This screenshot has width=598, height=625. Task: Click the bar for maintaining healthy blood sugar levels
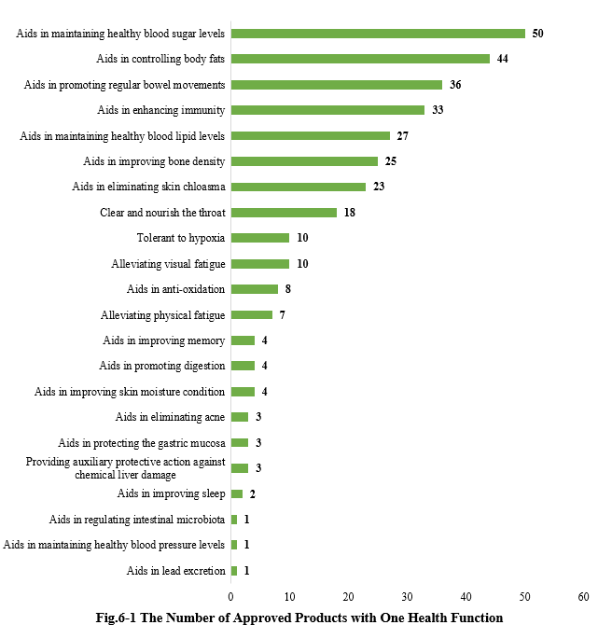tap(378, 34)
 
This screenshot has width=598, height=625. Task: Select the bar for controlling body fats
tap(360, 59)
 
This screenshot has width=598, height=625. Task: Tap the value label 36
tap(455, 85)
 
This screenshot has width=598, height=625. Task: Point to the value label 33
tap(438, 110)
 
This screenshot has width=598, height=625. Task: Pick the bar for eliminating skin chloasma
tap(299, 187)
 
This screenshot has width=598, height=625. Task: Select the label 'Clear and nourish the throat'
tap(162, 213)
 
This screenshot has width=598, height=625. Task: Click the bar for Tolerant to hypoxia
tap(260, 238)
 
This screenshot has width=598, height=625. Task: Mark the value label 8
tap(288, 289)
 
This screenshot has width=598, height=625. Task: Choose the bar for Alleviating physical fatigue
tap(252, 314)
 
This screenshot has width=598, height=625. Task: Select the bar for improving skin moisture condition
tap(243, 392)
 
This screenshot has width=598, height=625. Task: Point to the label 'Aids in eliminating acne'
tap(170, 417)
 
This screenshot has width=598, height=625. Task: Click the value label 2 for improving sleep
tap(253, 493)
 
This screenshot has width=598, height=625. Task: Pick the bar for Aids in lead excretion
tap(234, 570)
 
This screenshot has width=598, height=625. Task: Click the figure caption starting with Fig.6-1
tap(299, 617)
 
